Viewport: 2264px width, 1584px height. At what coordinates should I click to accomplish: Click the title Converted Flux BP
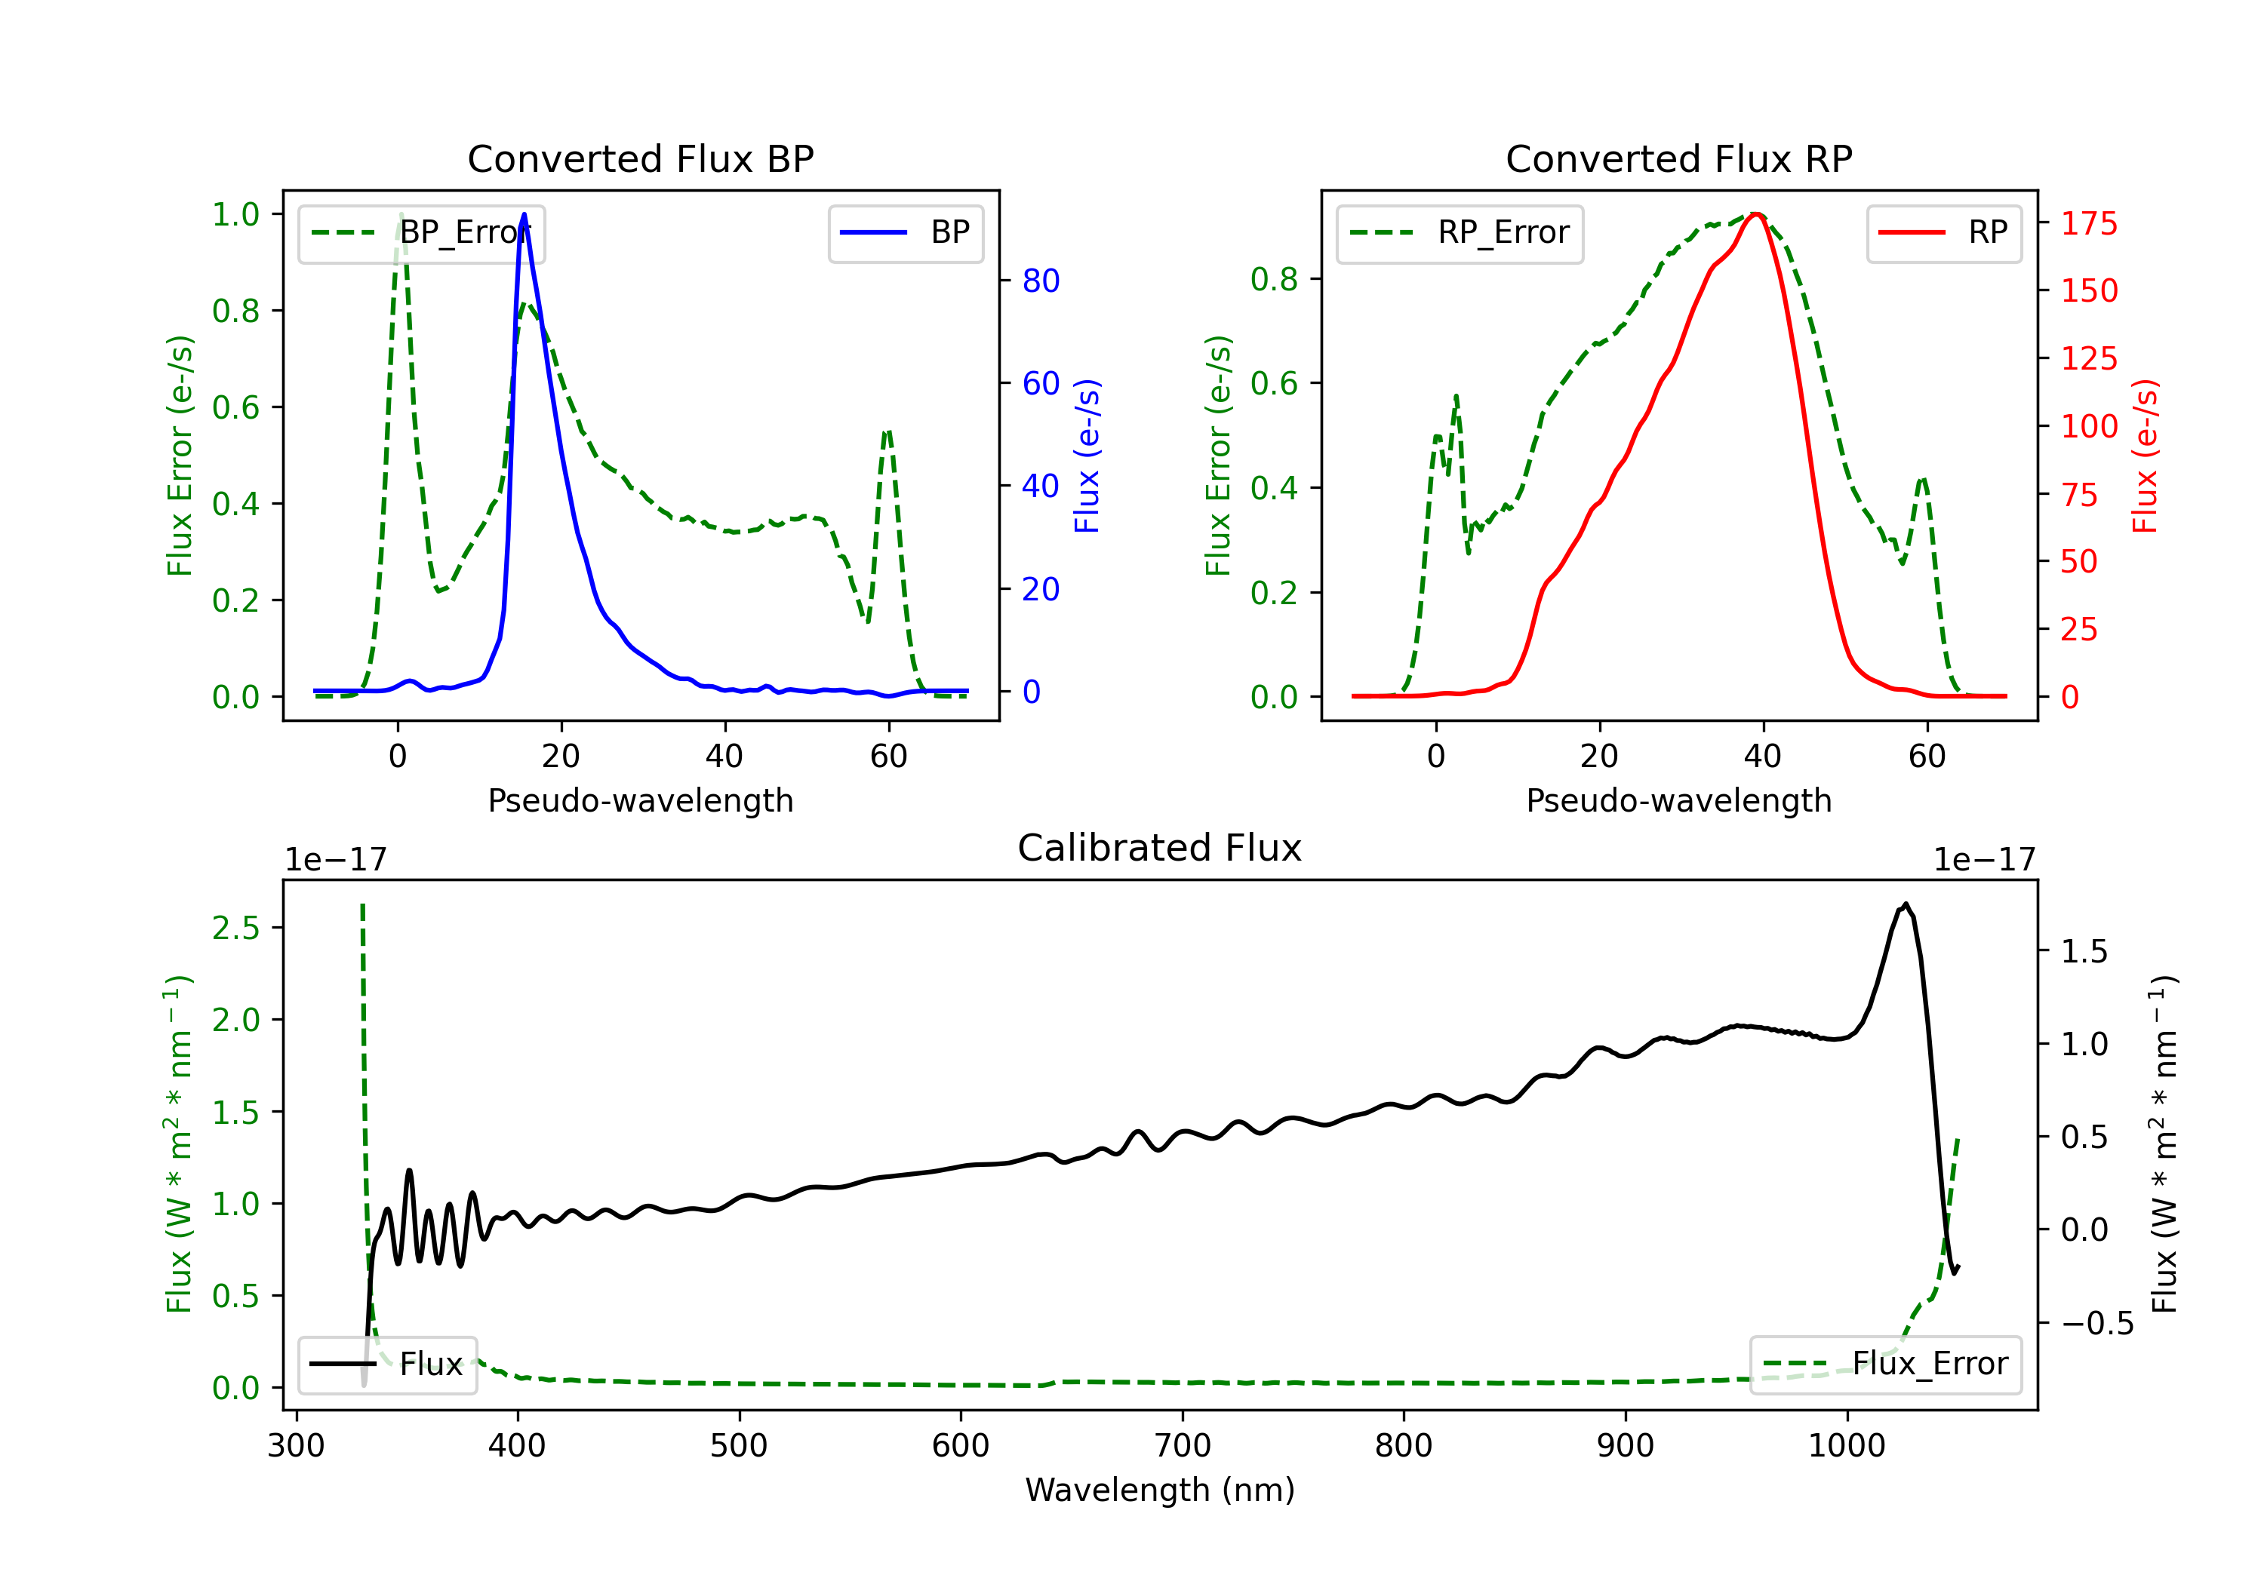point(640,158)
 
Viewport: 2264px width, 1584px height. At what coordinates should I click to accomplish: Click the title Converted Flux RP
point(1678,158)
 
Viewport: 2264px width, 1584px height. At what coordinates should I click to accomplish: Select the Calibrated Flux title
point(1160,848)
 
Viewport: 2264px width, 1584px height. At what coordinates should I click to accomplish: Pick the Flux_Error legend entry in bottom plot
point(1885,1365)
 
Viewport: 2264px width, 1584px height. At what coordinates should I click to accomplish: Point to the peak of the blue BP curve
point(524,214)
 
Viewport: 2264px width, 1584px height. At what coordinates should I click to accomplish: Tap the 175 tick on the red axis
point(2088,224)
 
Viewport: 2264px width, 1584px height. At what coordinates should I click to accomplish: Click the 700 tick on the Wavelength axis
point(1183,1446)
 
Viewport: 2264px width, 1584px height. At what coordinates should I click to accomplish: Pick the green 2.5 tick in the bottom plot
point(235,928)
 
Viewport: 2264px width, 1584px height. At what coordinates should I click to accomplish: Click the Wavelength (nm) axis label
point(1160,1490)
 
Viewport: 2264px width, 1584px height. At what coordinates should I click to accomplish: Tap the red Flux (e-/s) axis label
point(2146,456)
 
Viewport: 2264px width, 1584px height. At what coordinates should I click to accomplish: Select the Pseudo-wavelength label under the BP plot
point(640,800)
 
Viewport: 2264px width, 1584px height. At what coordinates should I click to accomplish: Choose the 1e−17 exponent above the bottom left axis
point(335,860)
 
